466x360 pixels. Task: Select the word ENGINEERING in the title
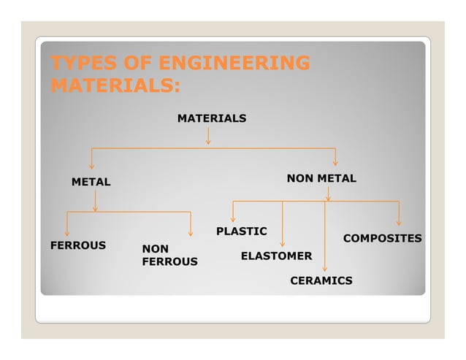pyautogui.click(x=232, y=64)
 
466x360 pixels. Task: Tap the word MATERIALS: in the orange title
pyautogui.click(x=114, y=85)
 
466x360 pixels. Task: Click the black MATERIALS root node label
pyautogui.click(x=212, y=118)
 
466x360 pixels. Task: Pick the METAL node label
pyautogui.click(x=91, y=181)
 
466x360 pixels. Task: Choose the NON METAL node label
pyautogui.click(x=321, y=178)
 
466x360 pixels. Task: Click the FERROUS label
pyautogui.click(x=77, y=245)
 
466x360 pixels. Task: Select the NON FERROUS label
pyautogui.click(x=169, y=255)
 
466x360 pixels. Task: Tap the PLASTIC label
pyautogui.click(x=241, y=231)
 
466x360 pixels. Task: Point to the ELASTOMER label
pyautogui.click(x=276, y=256)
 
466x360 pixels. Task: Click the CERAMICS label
pyautogui.click(x=321, y=280)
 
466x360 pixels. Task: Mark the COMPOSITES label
pyautogui.click(x=382, y=238)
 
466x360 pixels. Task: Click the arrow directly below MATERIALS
pyautogui.click(x=208, y=137)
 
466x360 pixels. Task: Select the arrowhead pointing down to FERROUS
pyautogui.click(x=66, y=233)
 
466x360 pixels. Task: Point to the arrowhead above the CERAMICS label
pyautogui.click(x=325, y=268)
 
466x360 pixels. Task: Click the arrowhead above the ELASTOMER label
pyautogui.click(x=282, y=243)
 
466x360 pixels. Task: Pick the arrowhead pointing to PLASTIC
pyautogui.click(x=232, y=218)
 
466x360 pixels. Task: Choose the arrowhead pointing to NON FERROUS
pyautogui.click(x=191, y=233)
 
